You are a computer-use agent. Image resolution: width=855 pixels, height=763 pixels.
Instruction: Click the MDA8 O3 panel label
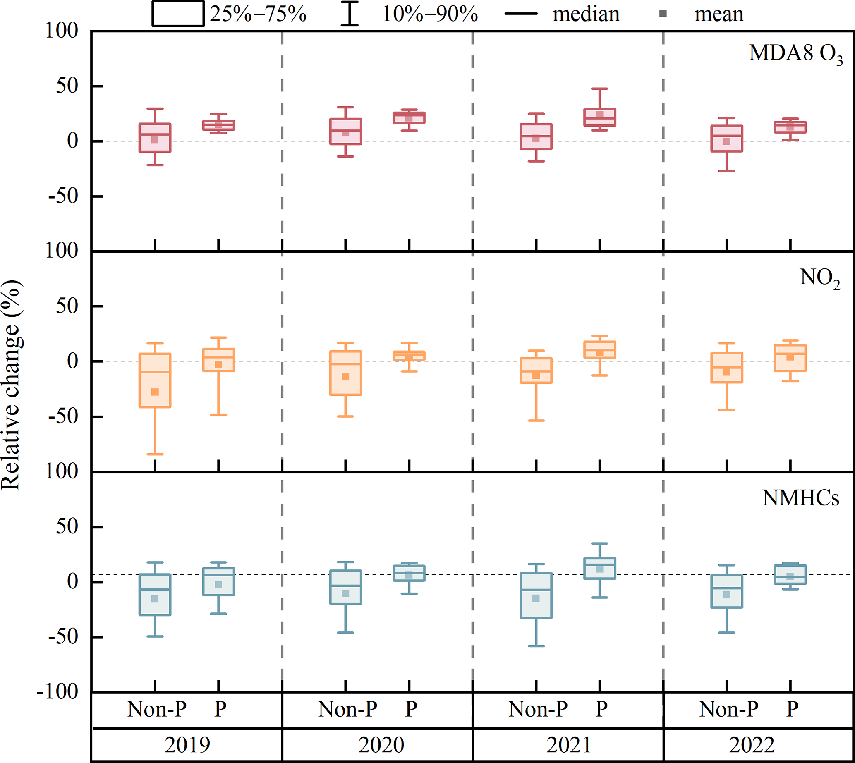pos(795,55)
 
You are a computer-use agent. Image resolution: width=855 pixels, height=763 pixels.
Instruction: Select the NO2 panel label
pos(820,278)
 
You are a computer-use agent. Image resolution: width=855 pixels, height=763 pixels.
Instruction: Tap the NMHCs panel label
pos(800,498)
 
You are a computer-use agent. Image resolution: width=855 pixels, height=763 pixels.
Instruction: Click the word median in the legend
pos(586,14)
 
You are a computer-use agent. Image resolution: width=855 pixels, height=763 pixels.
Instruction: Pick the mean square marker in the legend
pos(663,14)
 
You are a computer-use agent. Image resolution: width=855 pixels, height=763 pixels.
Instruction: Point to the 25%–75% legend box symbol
pos(178,14)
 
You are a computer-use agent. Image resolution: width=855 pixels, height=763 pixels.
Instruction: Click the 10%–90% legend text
pos(430,14)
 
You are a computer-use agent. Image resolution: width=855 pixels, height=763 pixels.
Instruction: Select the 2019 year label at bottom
pos(187,745)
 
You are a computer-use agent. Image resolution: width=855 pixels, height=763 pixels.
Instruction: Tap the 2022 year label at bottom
pos(752,745)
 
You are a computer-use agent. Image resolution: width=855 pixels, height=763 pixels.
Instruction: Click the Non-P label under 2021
pos(538,709)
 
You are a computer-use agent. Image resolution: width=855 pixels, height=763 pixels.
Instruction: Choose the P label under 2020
pos(411,709)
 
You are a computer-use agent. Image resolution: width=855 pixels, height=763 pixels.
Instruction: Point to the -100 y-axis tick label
pos(58,691)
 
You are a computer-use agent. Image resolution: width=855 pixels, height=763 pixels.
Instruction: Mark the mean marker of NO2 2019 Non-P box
pos(155,392)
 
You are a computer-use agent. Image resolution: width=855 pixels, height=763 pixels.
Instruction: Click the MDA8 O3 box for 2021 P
pos(600,117)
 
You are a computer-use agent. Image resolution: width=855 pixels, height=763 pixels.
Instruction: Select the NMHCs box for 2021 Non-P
pos(536,596)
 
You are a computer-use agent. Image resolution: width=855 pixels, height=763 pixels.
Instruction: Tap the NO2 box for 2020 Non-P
pos(345,373)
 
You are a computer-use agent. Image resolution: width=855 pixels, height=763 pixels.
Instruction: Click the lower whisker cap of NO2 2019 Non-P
pos(155,454)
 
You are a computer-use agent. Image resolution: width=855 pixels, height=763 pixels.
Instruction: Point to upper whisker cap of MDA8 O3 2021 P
pos(600,88)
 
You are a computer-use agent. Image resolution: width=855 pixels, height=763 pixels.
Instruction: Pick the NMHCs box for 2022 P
pos(790,575)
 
